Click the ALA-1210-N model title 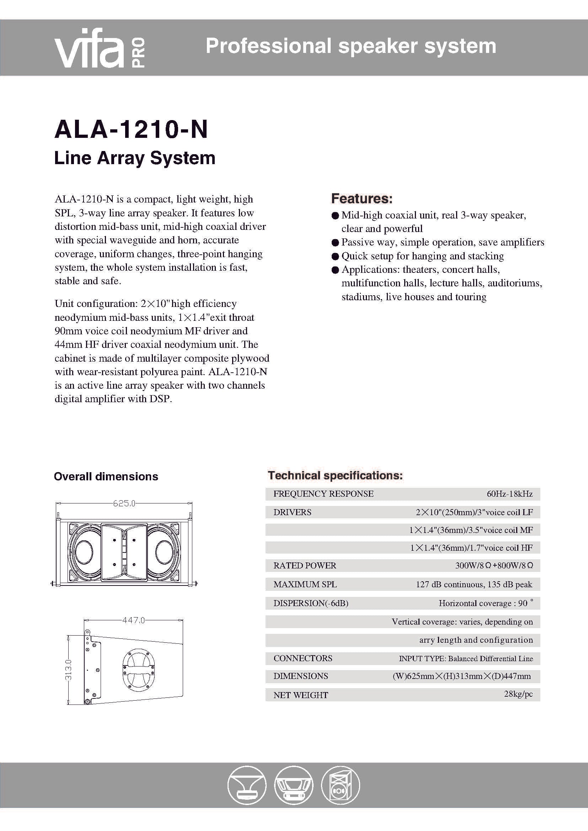(131, 130)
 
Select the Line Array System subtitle (135, 158)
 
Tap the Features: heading (362, 198)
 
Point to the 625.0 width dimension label (124, 503)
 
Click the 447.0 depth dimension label (133, 620)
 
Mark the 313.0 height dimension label (68, 670)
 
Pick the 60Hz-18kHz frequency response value (509, 494)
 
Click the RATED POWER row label (305, 565)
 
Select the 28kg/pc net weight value (518, 694)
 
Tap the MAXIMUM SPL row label (305, 584)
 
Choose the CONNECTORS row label (303, 658)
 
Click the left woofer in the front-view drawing (84, 551)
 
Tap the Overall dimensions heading (106, 476)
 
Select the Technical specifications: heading (335, 475)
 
